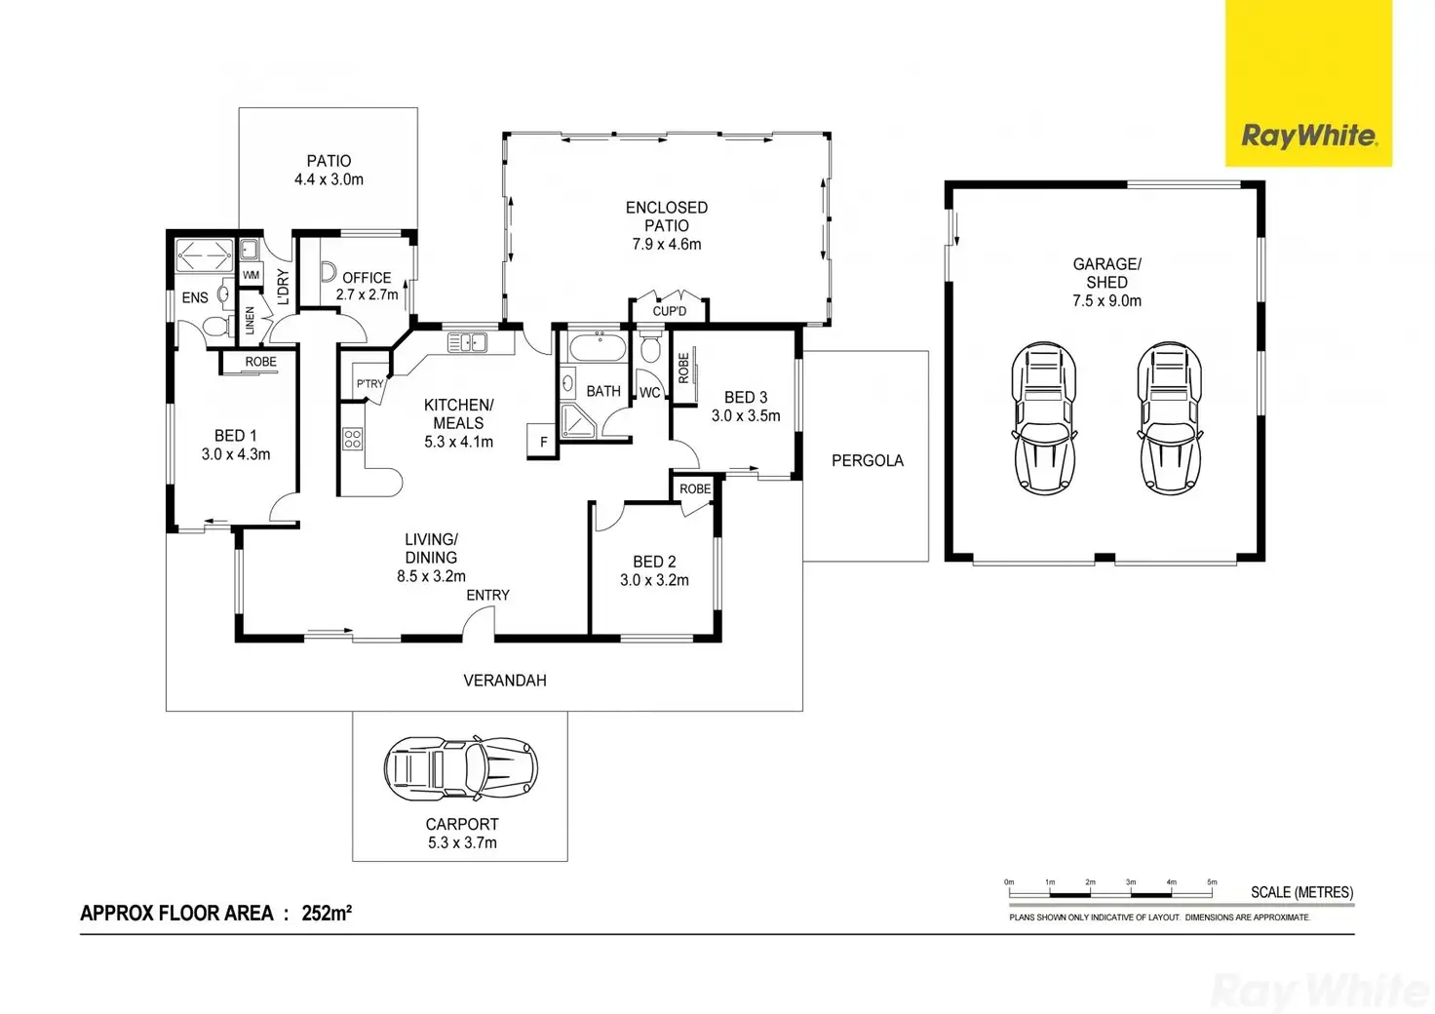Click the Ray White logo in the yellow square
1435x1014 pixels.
pyautogui.click(x=1308, y=136)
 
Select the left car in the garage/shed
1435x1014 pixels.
pyautogui.click(x=1044, y=417)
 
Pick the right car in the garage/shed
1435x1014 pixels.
pyautogui.click(x=1170, y=417)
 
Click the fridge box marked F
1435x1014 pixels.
pyautogui.click(x=543, y=442)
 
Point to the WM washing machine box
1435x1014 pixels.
pyautogui.click(x=251, y=275)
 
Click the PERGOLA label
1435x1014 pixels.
pyautogui.click(x=867, y=460)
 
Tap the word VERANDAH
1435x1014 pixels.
pyautogui.click(x=504, y=681)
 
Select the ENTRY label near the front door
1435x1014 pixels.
pyautogui.click(x=487, y=595)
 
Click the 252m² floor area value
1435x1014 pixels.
pyautogui.click(x=327, y=914)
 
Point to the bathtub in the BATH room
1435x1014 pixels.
pyautogui.click(x=595, y=346)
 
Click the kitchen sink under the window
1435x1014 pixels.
pyautogui.click(x=467, y=342)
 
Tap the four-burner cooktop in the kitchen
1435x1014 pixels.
pyautogui.click(x=352, y=439)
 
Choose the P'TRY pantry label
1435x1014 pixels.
pyautogui.click(x=369, y=384)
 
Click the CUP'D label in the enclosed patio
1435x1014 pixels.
pyautogui.click(x=669, y=311)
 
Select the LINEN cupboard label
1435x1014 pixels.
pyautogui.click(x=251, y=321)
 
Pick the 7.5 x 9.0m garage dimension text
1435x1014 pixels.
pyautogui.click(x=1106, y=301)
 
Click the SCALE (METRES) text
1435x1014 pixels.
pyautogui.click(x=1301, y=892)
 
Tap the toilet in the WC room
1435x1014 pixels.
pyautogui.click(x=651, y=347)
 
